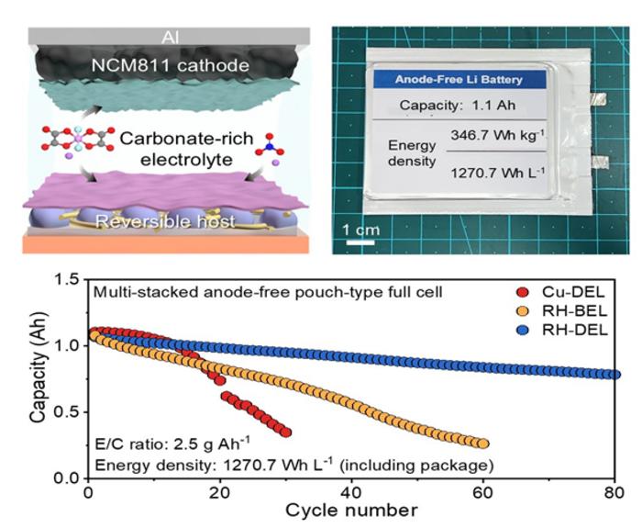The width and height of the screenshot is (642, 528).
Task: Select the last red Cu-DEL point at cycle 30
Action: [x=286, y=432]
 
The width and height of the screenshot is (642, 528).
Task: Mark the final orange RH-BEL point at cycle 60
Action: [x=483, y=443]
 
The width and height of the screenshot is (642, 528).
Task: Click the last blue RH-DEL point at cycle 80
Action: [x=615, y=375]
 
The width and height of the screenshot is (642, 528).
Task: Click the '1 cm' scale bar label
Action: [x=360, y=229]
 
